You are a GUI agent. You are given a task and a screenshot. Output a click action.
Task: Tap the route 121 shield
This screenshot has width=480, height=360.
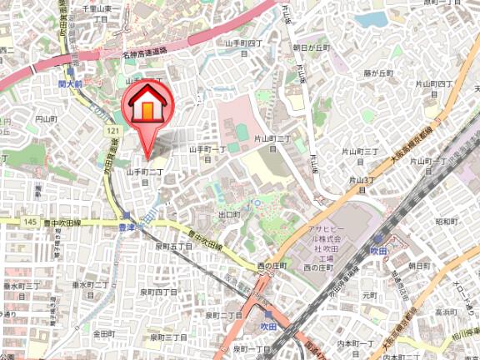click(108, 132)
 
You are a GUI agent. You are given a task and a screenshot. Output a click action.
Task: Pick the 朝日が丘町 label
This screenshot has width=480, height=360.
click(312, 49)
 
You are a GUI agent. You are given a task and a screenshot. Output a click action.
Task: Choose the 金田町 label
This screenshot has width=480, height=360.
click(103, 332)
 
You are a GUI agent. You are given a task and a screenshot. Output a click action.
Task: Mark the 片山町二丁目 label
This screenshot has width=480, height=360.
click(274, 141)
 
